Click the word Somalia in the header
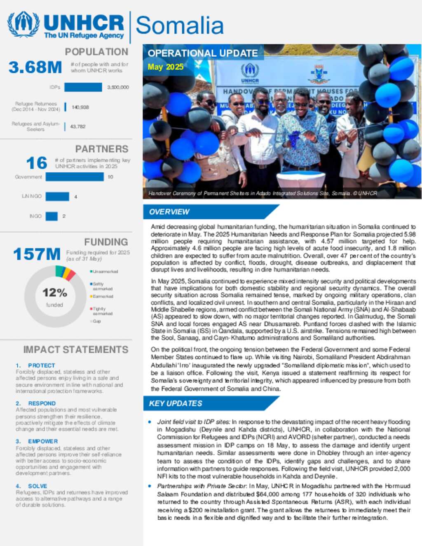tap(180, 26)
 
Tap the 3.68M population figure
tap(35, 67)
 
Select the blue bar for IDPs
tap(83, 87)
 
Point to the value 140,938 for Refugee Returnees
tap(80, 107)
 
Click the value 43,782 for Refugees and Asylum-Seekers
tap(78, 127)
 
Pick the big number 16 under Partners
tap(37, 163)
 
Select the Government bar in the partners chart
tap(75, 177)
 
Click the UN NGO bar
tap(57, 197)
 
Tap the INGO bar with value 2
tap(52, 216)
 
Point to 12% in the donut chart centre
tap(55, 293)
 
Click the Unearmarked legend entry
tap(105, 272)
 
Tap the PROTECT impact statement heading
tap(41, 366)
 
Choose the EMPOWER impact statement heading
tap(43, 441)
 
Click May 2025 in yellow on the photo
tap(166, 67)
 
